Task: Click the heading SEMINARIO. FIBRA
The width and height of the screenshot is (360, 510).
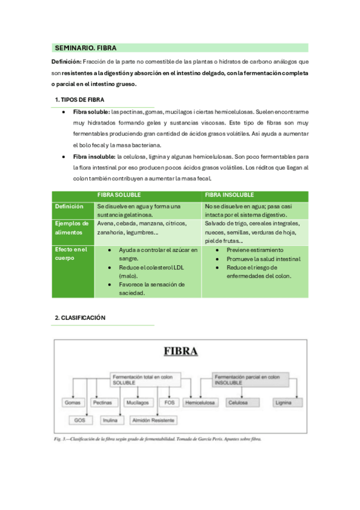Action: coord(85,48)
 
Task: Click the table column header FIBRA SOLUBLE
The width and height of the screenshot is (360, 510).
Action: coord(120,195)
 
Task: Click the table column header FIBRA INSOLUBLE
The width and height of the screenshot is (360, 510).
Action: coord(229,195)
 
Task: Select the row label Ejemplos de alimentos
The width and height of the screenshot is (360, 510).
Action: coord(72,227)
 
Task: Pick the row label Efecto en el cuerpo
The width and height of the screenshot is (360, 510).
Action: coord(72,253)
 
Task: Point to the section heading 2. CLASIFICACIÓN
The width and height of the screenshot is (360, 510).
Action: coord(80,318)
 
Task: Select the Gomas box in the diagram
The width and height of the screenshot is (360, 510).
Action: coord(72,402)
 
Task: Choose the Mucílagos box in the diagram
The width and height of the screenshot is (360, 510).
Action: coord(137,402)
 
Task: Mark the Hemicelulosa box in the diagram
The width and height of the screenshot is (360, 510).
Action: coord(202,402)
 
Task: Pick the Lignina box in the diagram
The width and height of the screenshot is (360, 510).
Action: coord(282,402)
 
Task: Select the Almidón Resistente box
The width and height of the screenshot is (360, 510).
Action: coord(153,420)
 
